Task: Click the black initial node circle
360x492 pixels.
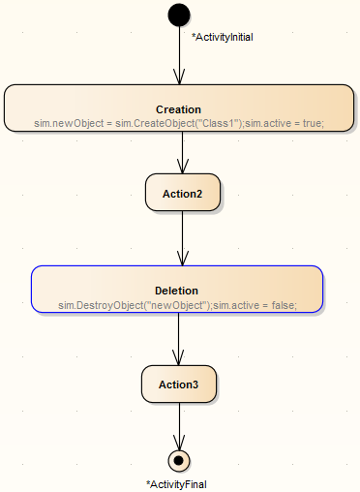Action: (x=179, y=15)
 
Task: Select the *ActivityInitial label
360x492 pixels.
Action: (x=222, y=37)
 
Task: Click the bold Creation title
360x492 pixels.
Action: (x=178, y=109)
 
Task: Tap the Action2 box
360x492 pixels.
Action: (x=182, y=193)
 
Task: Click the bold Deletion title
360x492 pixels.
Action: (x=176, y=291)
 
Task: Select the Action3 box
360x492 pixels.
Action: (x=180, y=384)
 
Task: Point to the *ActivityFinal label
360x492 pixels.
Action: (x=176, y=483)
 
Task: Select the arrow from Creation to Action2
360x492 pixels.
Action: (x=182, y=152)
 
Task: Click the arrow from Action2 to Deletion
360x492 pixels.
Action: (x=182, y=236)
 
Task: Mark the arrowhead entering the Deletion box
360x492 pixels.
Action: (x=182, y=259)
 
